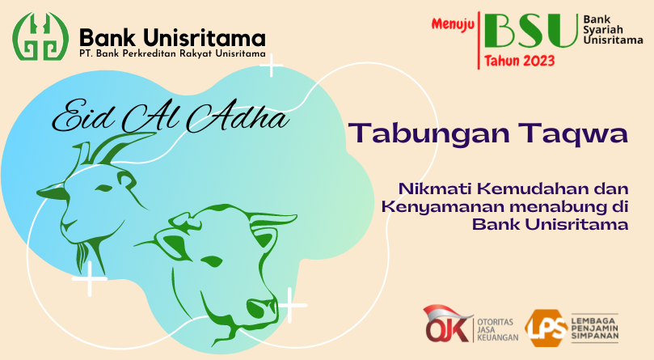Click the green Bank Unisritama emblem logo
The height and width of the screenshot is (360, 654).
tap(40, 36)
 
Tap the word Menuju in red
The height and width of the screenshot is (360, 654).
tap(453, 24)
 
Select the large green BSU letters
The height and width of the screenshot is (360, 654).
tap(531, 31)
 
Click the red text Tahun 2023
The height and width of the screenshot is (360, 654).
tap(519, 61)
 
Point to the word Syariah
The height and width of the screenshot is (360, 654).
tap(603, 30)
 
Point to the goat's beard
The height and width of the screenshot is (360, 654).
tap(82, 256)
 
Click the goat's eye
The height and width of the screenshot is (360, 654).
tap(103, 188)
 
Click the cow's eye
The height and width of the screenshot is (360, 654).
tap(212, 260)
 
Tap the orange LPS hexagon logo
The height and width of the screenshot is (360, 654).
tap(546, 328)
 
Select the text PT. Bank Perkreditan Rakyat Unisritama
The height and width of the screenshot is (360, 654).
tap(172, 54)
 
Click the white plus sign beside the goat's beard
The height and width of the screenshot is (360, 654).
tap(90, 278)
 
